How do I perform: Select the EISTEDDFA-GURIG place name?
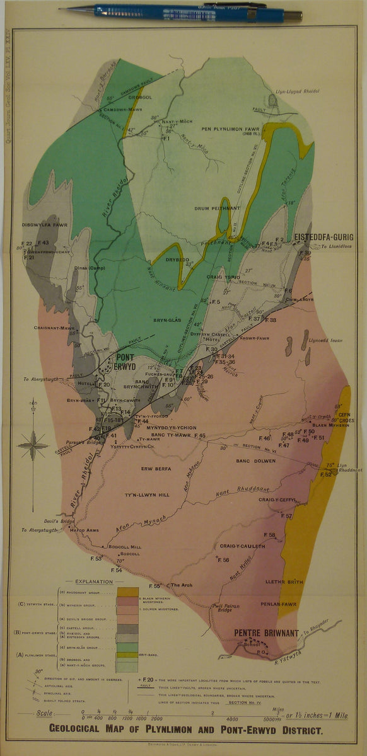(x=322, y=237)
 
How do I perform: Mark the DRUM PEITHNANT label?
(x=217, y=208)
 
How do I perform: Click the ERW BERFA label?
(x=155, y=469)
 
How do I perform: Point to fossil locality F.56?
(x=223, y=559)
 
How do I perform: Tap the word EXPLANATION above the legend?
(x=93, y=582)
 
